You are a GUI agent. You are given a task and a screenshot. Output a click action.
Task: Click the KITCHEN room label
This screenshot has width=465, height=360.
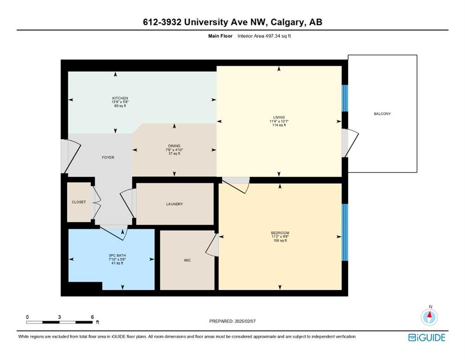(120, 98)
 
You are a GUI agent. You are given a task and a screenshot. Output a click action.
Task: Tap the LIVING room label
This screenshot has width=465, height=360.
(279, 117)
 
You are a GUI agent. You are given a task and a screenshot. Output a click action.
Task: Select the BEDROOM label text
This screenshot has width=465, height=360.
(280, 233)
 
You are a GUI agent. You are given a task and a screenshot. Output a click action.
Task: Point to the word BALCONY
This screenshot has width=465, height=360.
(382, 113)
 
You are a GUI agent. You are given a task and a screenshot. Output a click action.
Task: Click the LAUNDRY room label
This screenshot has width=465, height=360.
(174, 204)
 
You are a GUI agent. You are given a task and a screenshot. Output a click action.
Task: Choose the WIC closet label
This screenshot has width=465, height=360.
(187, 260)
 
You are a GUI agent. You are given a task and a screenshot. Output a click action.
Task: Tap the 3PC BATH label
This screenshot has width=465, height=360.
(117, 255)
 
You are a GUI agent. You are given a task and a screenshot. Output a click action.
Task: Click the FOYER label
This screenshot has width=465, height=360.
(108, 157)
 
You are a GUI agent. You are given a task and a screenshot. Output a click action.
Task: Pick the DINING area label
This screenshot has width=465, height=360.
(174, 146)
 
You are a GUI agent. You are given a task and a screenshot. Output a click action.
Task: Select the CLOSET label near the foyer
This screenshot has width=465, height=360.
(79, 202)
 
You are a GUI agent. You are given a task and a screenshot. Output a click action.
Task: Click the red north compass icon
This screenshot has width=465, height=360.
(429, 317)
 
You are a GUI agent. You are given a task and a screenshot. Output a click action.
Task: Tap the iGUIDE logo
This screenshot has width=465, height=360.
(427, 338)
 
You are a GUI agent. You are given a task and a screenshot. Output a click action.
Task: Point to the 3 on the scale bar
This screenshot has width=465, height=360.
(59, 317)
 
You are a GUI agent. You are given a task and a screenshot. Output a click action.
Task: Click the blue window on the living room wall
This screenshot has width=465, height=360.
(345, 98)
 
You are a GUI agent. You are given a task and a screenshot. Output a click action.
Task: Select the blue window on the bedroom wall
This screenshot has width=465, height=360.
(345, 232)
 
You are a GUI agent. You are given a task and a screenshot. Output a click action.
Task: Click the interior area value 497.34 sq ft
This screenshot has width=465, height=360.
(277, 36)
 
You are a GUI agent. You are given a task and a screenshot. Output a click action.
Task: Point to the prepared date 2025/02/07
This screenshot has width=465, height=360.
(245, 321)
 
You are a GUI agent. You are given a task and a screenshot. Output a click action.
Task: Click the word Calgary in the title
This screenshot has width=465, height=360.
(288, 22)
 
